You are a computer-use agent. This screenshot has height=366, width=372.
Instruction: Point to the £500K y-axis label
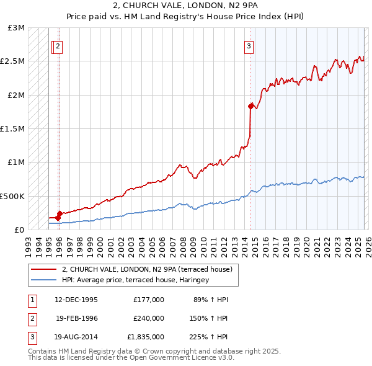(x=12, y=196)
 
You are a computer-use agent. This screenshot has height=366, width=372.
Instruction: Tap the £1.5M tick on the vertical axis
(x=12, y=129)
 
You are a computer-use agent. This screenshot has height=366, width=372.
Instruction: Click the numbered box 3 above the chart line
(x=249, y=45)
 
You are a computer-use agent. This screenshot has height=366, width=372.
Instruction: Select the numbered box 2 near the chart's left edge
(x=57, y=45)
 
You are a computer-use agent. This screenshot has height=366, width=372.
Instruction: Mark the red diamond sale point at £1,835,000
(x=250, y=106)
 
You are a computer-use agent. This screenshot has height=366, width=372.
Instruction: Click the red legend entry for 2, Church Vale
(x=147, y=269)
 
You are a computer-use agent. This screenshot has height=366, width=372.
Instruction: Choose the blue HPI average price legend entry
(x=135, y=280)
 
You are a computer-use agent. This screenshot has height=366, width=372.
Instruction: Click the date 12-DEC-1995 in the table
(x=77, y=300)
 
